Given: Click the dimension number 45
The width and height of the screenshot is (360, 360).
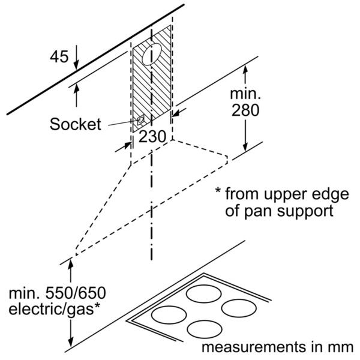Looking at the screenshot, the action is click(59, 56).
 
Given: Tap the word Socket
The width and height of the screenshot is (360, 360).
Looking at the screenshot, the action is click(76, 124).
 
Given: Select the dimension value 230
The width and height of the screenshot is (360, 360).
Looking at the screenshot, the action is click(152, 137).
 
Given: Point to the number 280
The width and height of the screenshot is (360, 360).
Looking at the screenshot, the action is click(245, 110).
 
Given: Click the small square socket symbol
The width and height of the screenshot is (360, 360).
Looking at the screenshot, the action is click(140, 119).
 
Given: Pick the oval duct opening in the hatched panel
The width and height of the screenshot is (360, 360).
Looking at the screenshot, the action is click(152, 54).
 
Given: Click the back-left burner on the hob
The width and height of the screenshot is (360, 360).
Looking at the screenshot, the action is click(203, 293).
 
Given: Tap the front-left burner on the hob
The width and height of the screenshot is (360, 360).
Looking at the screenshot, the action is click(169, 314).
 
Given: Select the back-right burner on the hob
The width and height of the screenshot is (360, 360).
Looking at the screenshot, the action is click(239, 308).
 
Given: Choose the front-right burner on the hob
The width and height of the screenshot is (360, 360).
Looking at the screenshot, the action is click(205, 329).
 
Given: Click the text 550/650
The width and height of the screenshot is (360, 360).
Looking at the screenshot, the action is click(76, 293).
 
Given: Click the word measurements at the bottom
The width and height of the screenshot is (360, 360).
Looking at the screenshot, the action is click(254, 347).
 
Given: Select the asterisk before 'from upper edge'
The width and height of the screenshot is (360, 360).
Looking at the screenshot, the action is click(218, 191).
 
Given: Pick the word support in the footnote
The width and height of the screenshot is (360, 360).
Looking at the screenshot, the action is click(305, 211).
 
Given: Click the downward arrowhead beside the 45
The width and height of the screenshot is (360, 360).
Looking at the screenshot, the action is click(76, 65).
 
